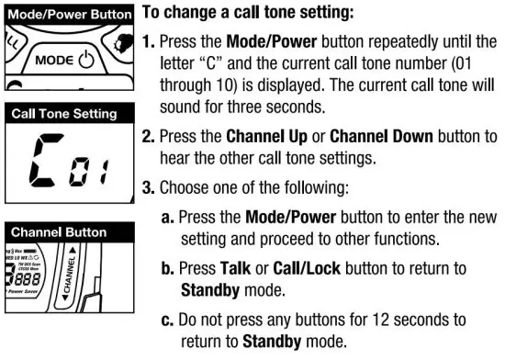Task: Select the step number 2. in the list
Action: pos(148,139)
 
